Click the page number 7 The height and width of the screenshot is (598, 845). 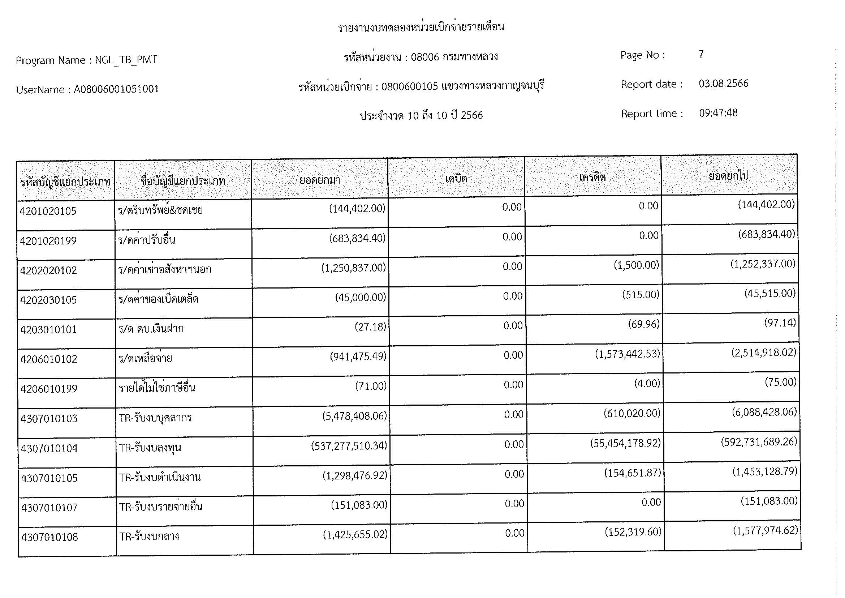(701, 55)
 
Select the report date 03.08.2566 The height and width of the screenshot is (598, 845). (723, 84)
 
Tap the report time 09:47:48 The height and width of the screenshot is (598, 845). (718, 113)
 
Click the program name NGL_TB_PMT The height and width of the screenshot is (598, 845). (126, 60)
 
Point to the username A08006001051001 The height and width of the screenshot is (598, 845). (116, 89)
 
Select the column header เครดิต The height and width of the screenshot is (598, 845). (592, 178)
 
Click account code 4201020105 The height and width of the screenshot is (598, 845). (48, 212)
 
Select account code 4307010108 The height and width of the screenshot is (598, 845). (50, 537)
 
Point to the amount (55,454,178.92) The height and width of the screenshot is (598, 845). (625, 443)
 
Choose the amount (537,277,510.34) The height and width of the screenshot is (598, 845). (349, 446)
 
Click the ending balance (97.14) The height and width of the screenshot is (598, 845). (780, 323)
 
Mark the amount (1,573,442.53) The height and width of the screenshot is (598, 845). (628, 354)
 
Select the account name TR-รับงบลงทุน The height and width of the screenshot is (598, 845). (150, 448)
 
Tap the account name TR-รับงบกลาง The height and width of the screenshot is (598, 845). (149, 537)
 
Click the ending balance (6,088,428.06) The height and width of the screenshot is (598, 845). (764, 412)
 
